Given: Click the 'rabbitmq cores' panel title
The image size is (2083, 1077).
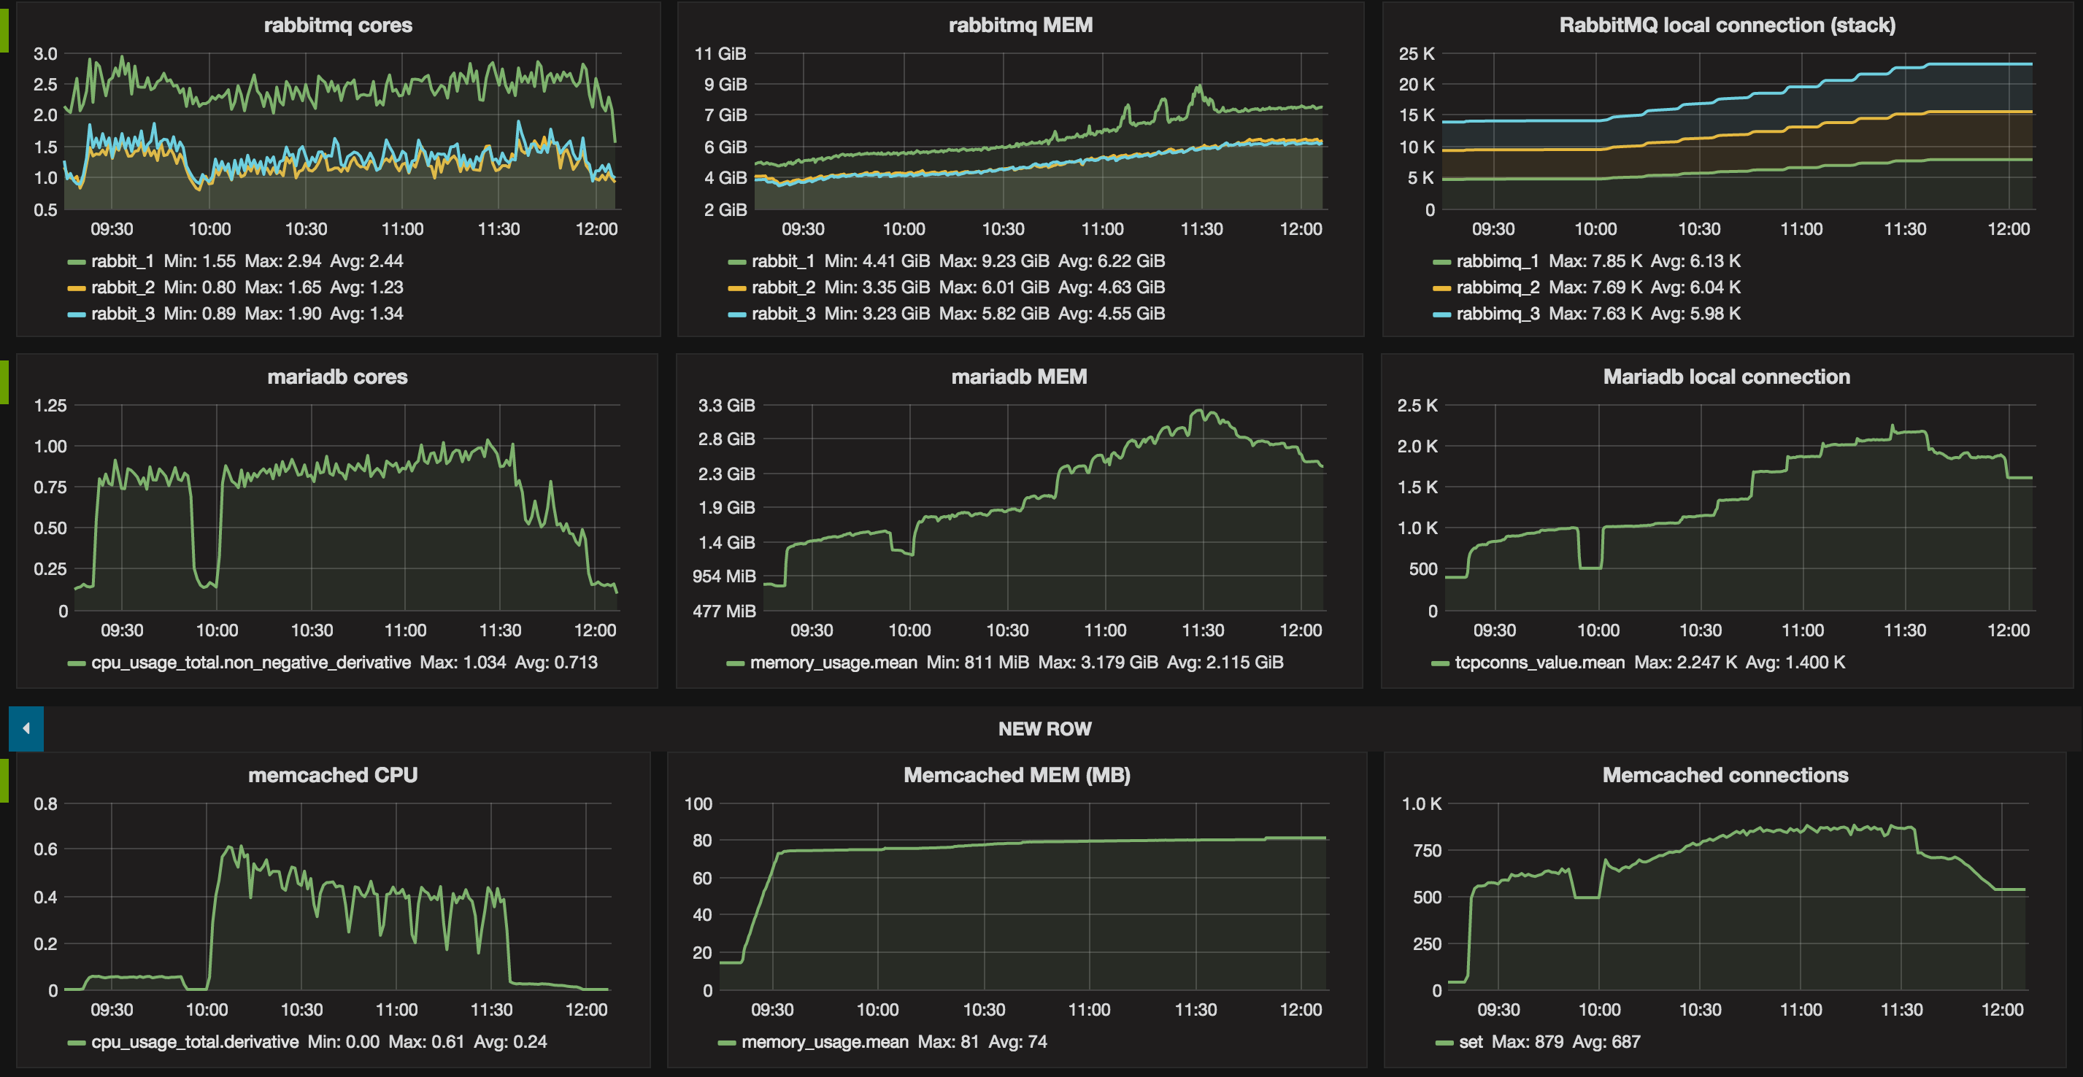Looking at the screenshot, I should click(338, 25).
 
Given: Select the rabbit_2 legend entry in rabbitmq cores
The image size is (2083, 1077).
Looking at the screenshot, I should click(122, 287).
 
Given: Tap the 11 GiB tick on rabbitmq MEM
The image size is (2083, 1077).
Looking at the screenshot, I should click(720, 54).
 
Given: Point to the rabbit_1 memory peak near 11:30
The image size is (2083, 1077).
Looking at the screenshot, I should click(1198, 87).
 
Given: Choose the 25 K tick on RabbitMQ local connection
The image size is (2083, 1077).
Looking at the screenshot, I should click(1417, 54).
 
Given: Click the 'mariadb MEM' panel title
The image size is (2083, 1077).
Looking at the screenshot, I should click(1019, 377).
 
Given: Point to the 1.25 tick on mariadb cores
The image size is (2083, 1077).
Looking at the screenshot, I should click(50, 405).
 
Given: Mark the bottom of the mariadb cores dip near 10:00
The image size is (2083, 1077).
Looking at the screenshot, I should click(207, 584).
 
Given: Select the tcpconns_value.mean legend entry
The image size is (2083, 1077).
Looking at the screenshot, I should click(1539, 663).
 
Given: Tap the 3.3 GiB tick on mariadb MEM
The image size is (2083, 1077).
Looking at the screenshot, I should click(726, 405).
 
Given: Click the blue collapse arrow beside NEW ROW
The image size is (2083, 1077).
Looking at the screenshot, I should click(26, 728).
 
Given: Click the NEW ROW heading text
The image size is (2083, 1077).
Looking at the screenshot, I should click(1044, 728).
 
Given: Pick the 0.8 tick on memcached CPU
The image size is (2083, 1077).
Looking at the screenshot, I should click(45, 803).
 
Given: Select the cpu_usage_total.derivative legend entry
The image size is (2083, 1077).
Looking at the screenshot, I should click(194, 1041).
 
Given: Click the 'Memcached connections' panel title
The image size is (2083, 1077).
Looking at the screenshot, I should click(1725, 775).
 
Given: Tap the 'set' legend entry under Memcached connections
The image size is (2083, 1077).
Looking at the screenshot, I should click(1470, 1041).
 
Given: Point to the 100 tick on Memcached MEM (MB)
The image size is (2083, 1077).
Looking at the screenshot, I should click(698, 803).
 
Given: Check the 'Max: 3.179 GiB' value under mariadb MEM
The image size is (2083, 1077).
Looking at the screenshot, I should click(1097, 663).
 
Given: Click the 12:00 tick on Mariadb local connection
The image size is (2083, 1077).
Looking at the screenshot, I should click(2008, 630).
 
